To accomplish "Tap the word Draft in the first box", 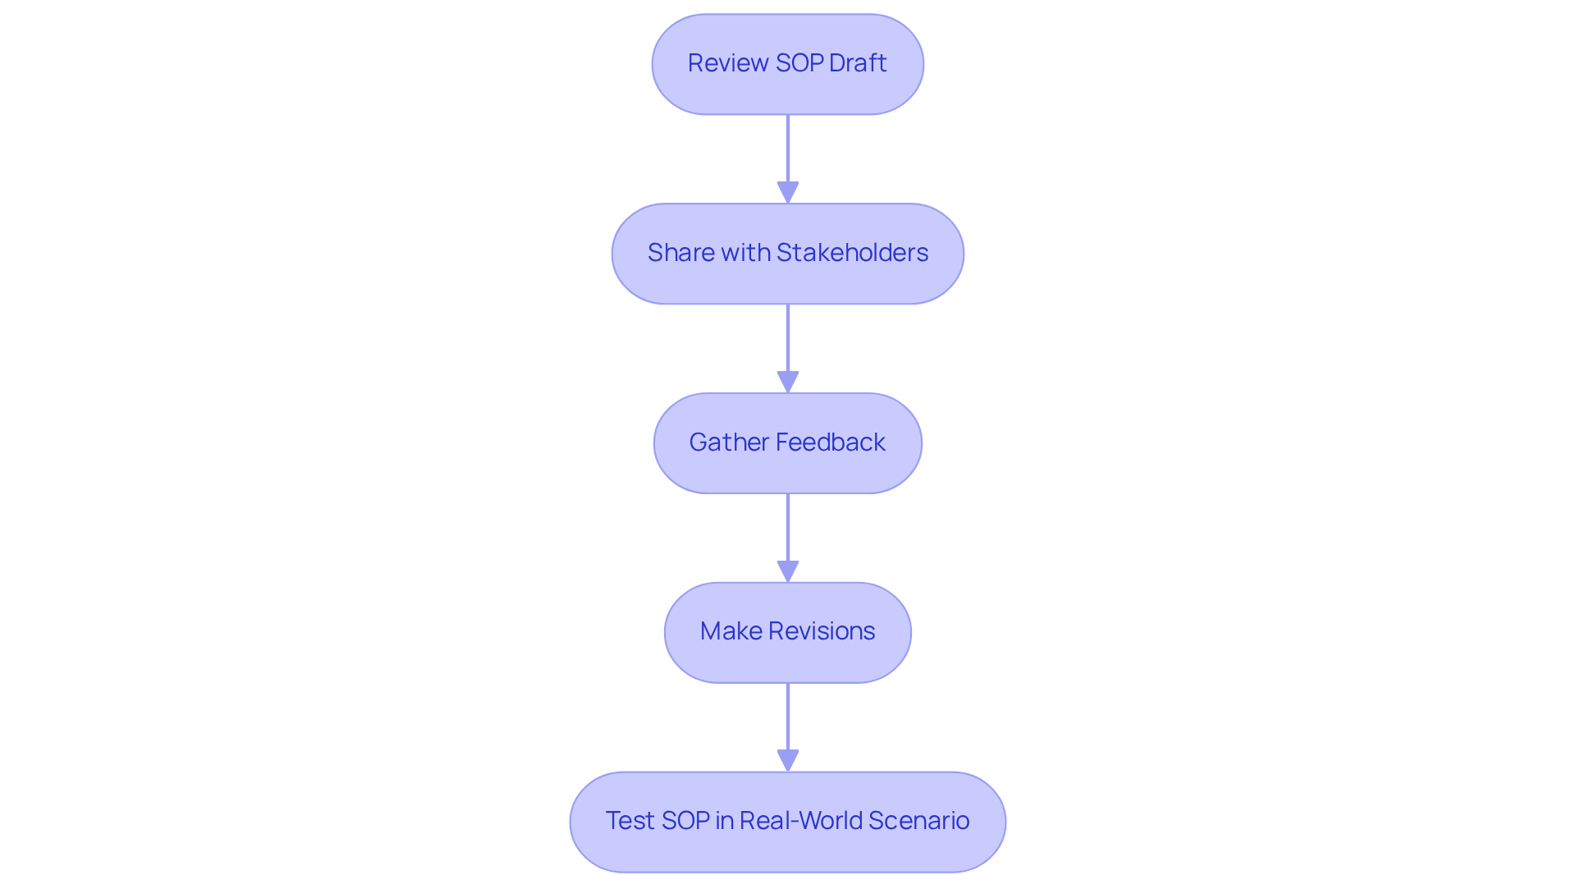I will point(858,63).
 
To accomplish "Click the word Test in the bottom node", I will point(630,821).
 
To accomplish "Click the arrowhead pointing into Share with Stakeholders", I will point(788,193).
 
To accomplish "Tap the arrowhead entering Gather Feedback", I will point(788,383).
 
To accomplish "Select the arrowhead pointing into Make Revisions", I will point(788,572).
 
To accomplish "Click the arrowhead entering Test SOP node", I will point(788,761).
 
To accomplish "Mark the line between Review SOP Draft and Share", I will point(788,148).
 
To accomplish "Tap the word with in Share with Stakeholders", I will point(745,253).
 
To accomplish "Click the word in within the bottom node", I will point(724,821).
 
